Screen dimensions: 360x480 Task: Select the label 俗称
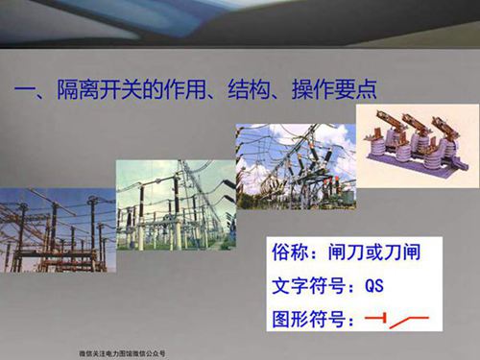[x=291, y=256]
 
